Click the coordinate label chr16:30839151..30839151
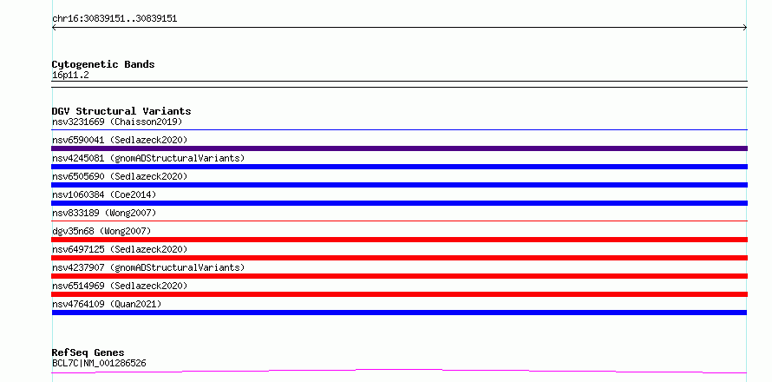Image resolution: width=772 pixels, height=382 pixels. (x=114, y=19)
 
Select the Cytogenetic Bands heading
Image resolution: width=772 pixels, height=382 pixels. (x=103, y=64)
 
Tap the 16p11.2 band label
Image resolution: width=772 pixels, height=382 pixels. (x=70, y=76)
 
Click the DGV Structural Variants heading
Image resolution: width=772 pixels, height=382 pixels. (x=121, y=111)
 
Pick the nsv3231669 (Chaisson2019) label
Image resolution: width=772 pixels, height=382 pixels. (x=117, y=122)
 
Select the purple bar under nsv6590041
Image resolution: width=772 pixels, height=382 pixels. (x=399, y=148)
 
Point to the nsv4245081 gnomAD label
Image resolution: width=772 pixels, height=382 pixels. (x=148, y=158)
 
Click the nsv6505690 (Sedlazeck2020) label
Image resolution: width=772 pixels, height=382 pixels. (x=120, y=176)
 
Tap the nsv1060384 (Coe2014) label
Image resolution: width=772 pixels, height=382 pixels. (x=104, y=194)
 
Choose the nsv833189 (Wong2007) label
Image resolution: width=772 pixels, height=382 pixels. (x=104, y=213)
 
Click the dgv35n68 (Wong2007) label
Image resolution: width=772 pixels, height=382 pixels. (x=101, y=231)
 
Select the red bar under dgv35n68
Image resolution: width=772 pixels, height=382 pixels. (x=399, y=240)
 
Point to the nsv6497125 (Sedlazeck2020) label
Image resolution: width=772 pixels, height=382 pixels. (x=120, y=249)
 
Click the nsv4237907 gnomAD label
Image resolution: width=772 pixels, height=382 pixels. (x=148, y=267)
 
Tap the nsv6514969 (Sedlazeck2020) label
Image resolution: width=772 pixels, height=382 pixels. (x=120, y=286)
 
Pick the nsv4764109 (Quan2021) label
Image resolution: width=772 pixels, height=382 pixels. (x=107, y=304)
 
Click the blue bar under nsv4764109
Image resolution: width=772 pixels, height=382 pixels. (x=399, y=313)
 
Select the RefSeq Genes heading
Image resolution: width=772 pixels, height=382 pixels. (x=88, y=353)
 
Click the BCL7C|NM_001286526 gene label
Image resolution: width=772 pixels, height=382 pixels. (x=99, y=364)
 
